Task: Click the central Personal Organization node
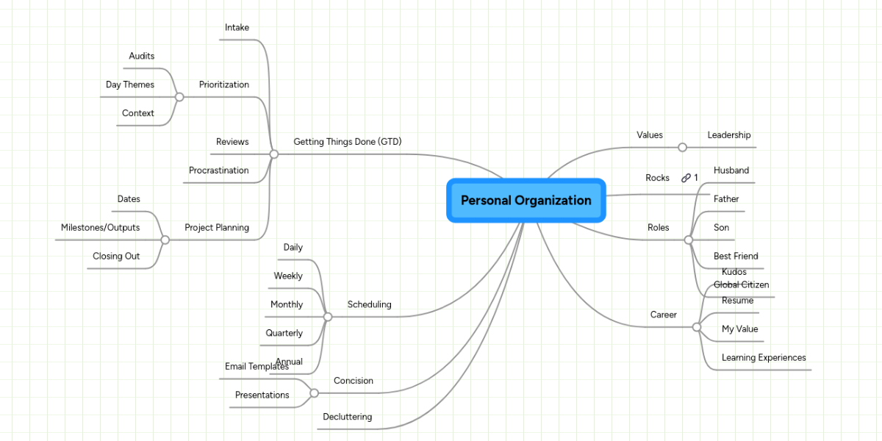click(x=526, y=200)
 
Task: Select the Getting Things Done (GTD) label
click(x=347, y=141)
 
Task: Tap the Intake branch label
click(x=237, y=28)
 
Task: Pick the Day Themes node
click(x=130, y=85)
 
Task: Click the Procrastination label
click(x=218, y=171)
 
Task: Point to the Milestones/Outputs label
click(x=100, y=228)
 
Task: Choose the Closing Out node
click(x=116, y=257)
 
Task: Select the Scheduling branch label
click(x=369, y=304)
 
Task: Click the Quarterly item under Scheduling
click(x=284, y=333)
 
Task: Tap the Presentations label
click(x=262, y=395)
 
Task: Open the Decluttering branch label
click(x=347, y=417)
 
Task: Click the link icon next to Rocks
click(x=686, y=178)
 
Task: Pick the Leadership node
click(x=728, y=135)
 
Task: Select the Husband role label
click(x=731, y=171)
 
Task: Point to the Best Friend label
click(x=736, y=257)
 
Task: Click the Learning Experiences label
click(x=764, y=358)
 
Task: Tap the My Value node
click(x=739, y=329)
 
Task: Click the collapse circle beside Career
click(x=697, y=327)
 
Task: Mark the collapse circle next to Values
click(x=682, y=147)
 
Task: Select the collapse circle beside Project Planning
click(x=165, y=240)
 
